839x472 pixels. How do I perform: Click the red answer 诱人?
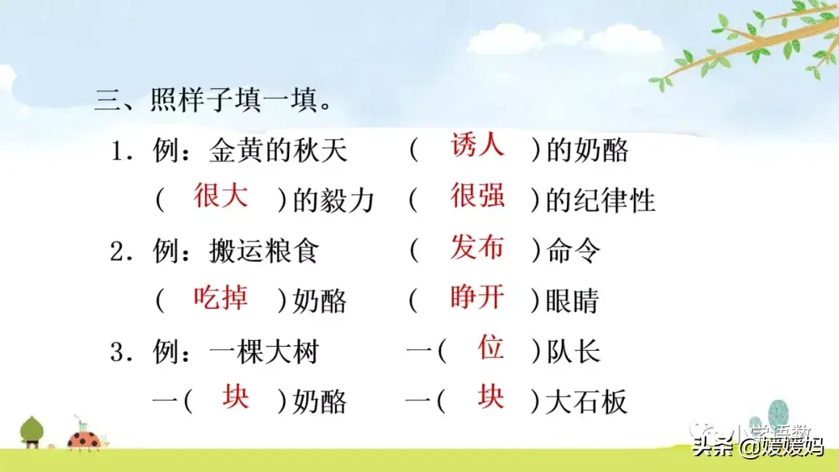477,144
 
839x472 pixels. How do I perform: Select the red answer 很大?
221,195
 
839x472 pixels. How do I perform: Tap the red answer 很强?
477,195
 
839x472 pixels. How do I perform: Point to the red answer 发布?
477,246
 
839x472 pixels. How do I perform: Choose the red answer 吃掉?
221,297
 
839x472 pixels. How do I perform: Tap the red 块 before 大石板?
491,396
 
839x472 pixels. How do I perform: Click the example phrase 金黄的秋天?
278,150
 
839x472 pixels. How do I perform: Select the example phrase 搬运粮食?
264,251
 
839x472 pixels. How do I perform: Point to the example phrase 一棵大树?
264,352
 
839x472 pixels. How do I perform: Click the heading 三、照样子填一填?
213,99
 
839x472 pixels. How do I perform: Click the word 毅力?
347,201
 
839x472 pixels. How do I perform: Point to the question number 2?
117,252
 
